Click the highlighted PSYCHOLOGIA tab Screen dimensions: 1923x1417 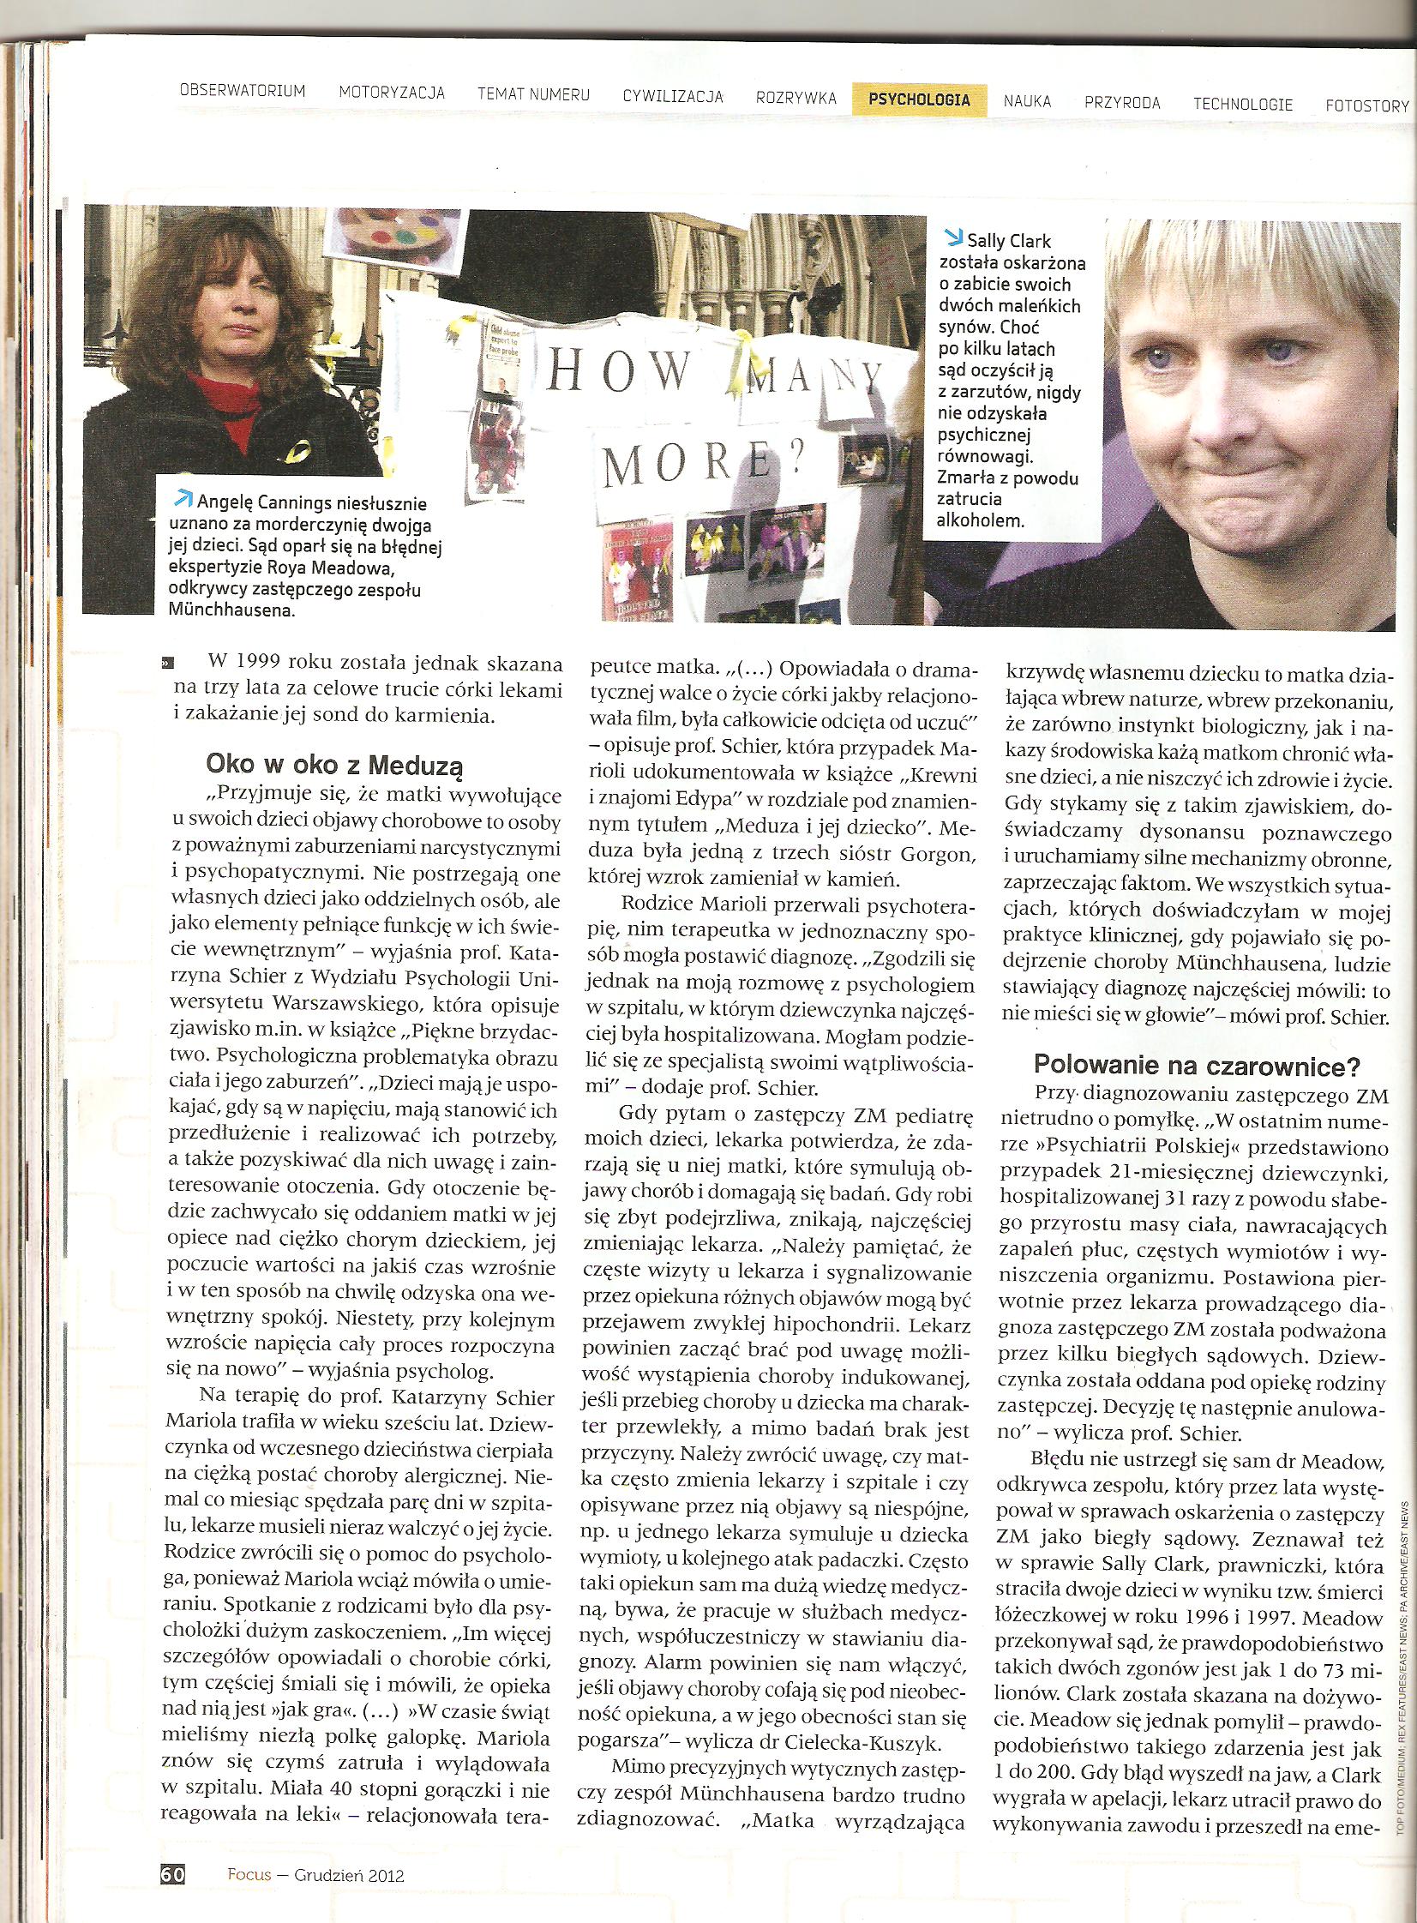click(x=919, y=99)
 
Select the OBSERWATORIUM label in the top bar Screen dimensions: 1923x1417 click(x=243, y=91)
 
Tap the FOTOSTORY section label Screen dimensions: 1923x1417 click(x=1366, y=106)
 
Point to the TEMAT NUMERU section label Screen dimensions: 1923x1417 click(x=533, y=94)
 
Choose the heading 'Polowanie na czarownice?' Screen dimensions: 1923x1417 click(x=1197, y=1066)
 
